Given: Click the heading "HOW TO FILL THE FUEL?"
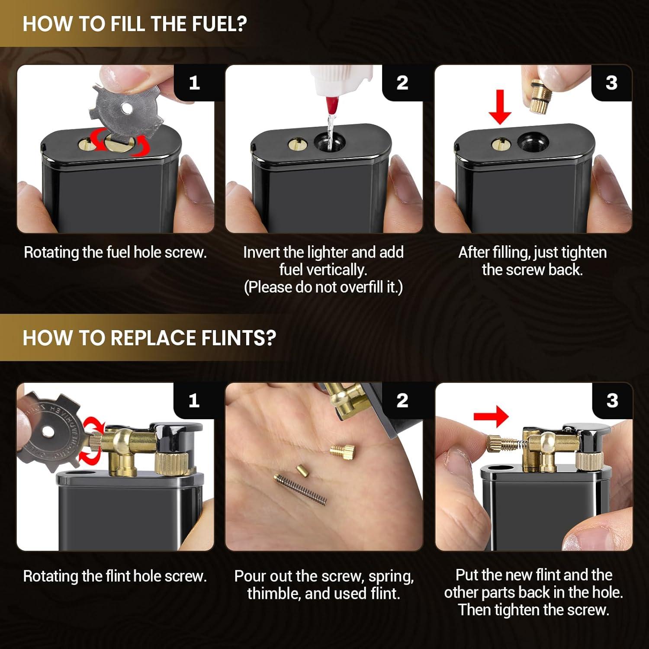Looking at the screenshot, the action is coord(135,23).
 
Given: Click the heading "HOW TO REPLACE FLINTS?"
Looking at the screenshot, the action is coord(149,337).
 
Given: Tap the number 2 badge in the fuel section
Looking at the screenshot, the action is coord(402,83).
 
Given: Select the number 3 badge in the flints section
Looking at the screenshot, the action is coord(612,401).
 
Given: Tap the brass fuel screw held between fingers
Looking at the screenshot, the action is coord(540,99).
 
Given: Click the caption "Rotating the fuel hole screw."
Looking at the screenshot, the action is coord(115,252).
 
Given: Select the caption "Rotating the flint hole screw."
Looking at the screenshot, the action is coord(115,576).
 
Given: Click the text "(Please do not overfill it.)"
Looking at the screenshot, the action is coord(323,287).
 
